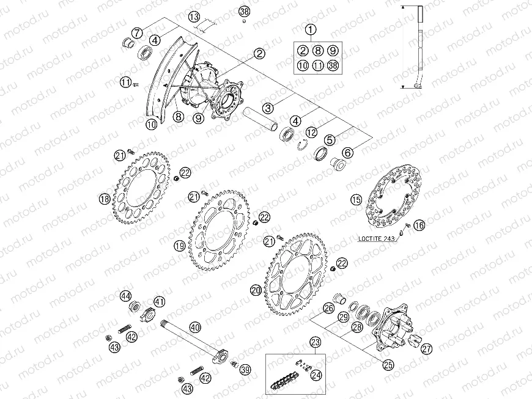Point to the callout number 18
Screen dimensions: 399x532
pyautogui.click(x=105, y=199)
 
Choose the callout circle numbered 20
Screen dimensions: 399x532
pyautogui.click(x=256, y=291)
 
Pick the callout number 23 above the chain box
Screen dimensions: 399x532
pyautogui.click(x=315, y=342)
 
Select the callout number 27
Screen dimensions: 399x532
pyautogui.click(x=426, y=347)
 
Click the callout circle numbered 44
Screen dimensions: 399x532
pyautogui.click(x=125, y=296)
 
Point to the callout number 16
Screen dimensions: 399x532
pyautogui.click(x=418, y=226)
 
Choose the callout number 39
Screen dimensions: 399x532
pyautogui.click(x=245, y=369)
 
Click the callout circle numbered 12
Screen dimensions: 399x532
pyautogui.click(x=311, y=131)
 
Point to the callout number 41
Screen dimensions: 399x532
pyautogui.click(x=159, y=301)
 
